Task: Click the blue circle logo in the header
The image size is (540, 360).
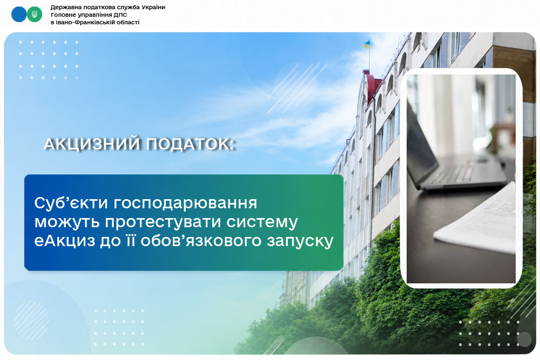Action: (18, 15)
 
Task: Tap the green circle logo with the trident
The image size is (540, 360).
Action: (35, 15)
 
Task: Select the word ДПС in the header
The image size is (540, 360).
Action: (121, 15)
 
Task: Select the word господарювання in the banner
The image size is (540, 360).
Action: (185, 203)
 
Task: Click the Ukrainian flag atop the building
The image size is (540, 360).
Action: (367, 44)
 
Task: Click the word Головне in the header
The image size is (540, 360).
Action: (62, 15)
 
